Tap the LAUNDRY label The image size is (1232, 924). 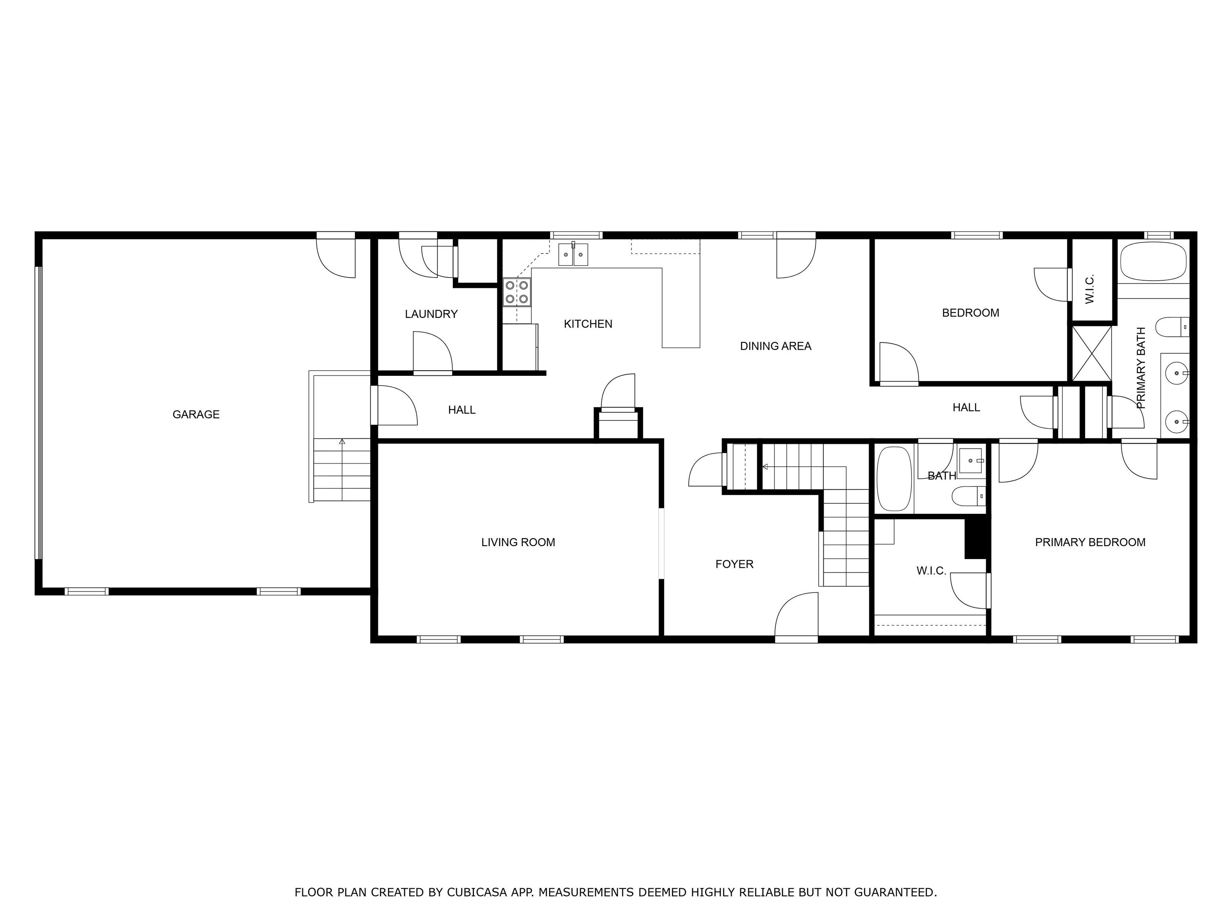(431, 314)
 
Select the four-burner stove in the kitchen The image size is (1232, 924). (516, 292)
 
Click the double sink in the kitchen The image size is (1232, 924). (573, 255)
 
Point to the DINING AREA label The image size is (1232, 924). (775, 346)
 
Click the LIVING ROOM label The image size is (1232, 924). (518, 542)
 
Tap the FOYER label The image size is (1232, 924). (734, 564)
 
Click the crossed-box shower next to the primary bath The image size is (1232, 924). (1091, 353)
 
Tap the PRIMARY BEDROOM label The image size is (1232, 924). (1090, 542)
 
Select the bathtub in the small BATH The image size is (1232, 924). (894, 478)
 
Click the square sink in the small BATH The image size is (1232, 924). (973, 461)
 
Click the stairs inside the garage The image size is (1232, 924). (341, 470)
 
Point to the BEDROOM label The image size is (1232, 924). (970, 313)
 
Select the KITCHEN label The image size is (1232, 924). (588, 324)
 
